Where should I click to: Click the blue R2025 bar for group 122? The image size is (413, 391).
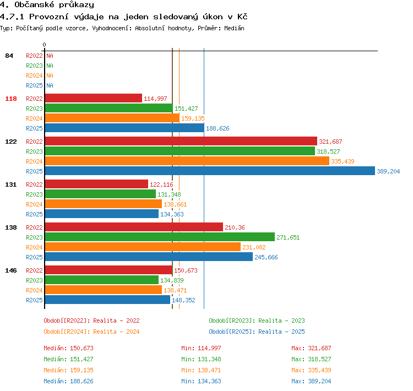click(x=210, y=171)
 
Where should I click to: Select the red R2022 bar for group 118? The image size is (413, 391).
click(x=94, y=98)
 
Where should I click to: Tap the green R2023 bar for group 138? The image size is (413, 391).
click(x=160, y=237)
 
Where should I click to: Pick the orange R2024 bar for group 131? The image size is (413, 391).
click(x=104, y=204)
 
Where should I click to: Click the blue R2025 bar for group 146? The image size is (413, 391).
click(x=107, y=300)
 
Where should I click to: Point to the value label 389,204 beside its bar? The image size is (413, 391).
click(x=388, y=171)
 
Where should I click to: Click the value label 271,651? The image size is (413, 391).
click(x=288, y=237)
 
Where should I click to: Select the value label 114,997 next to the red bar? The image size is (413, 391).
click(x=155, y=99)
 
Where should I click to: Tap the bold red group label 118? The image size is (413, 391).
click(x=11, y=99)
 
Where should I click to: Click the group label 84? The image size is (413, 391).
click(x=9, y=56)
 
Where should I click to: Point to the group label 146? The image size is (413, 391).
click(x=11, y=270)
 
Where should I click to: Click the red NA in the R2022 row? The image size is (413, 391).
click(x=50, y=56)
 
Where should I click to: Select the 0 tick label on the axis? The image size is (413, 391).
click(x=44, y=45)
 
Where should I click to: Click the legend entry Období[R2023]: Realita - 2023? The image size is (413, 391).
click(x=257, y=321)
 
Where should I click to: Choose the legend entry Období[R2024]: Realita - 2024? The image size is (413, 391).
click(x=91, y=332)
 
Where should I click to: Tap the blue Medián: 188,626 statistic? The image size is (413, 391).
click(x=68, y=381)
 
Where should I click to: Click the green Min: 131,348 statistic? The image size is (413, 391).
click(x=201, y=359)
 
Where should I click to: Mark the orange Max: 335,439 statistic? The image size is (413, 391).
click(x=311, y=370)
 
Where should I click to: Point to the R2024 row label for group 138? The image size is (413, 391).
click(x=34, y=247)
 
